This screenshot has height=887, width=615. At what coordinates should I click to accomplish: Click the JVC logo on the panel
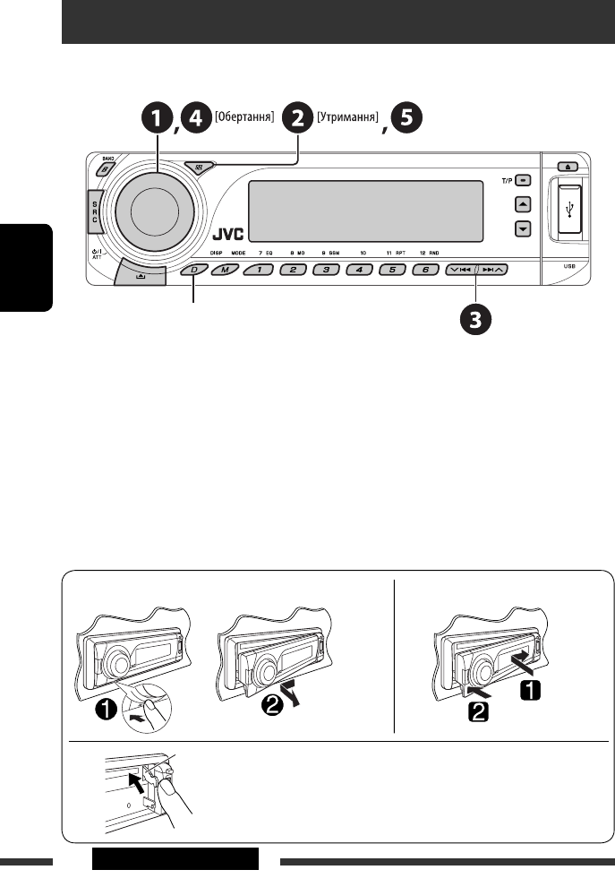pos(230,239)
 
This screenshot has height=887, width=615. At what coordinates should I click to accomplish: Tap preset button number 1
pos(260,269)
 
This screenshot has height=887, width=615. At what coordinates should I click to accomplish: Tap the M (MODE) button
pos(224,269)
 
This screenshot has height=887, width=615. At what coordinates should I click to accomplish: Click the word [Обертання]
pos(241,117)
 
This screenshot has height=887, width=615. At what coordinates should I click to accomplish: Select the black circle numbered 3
pos(475,318)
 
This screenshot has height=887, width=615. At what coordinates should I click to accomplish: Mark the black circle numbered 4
pos(195,119)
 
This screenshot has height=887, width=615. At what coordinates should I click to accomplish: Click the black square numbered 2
pos(479,715)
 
